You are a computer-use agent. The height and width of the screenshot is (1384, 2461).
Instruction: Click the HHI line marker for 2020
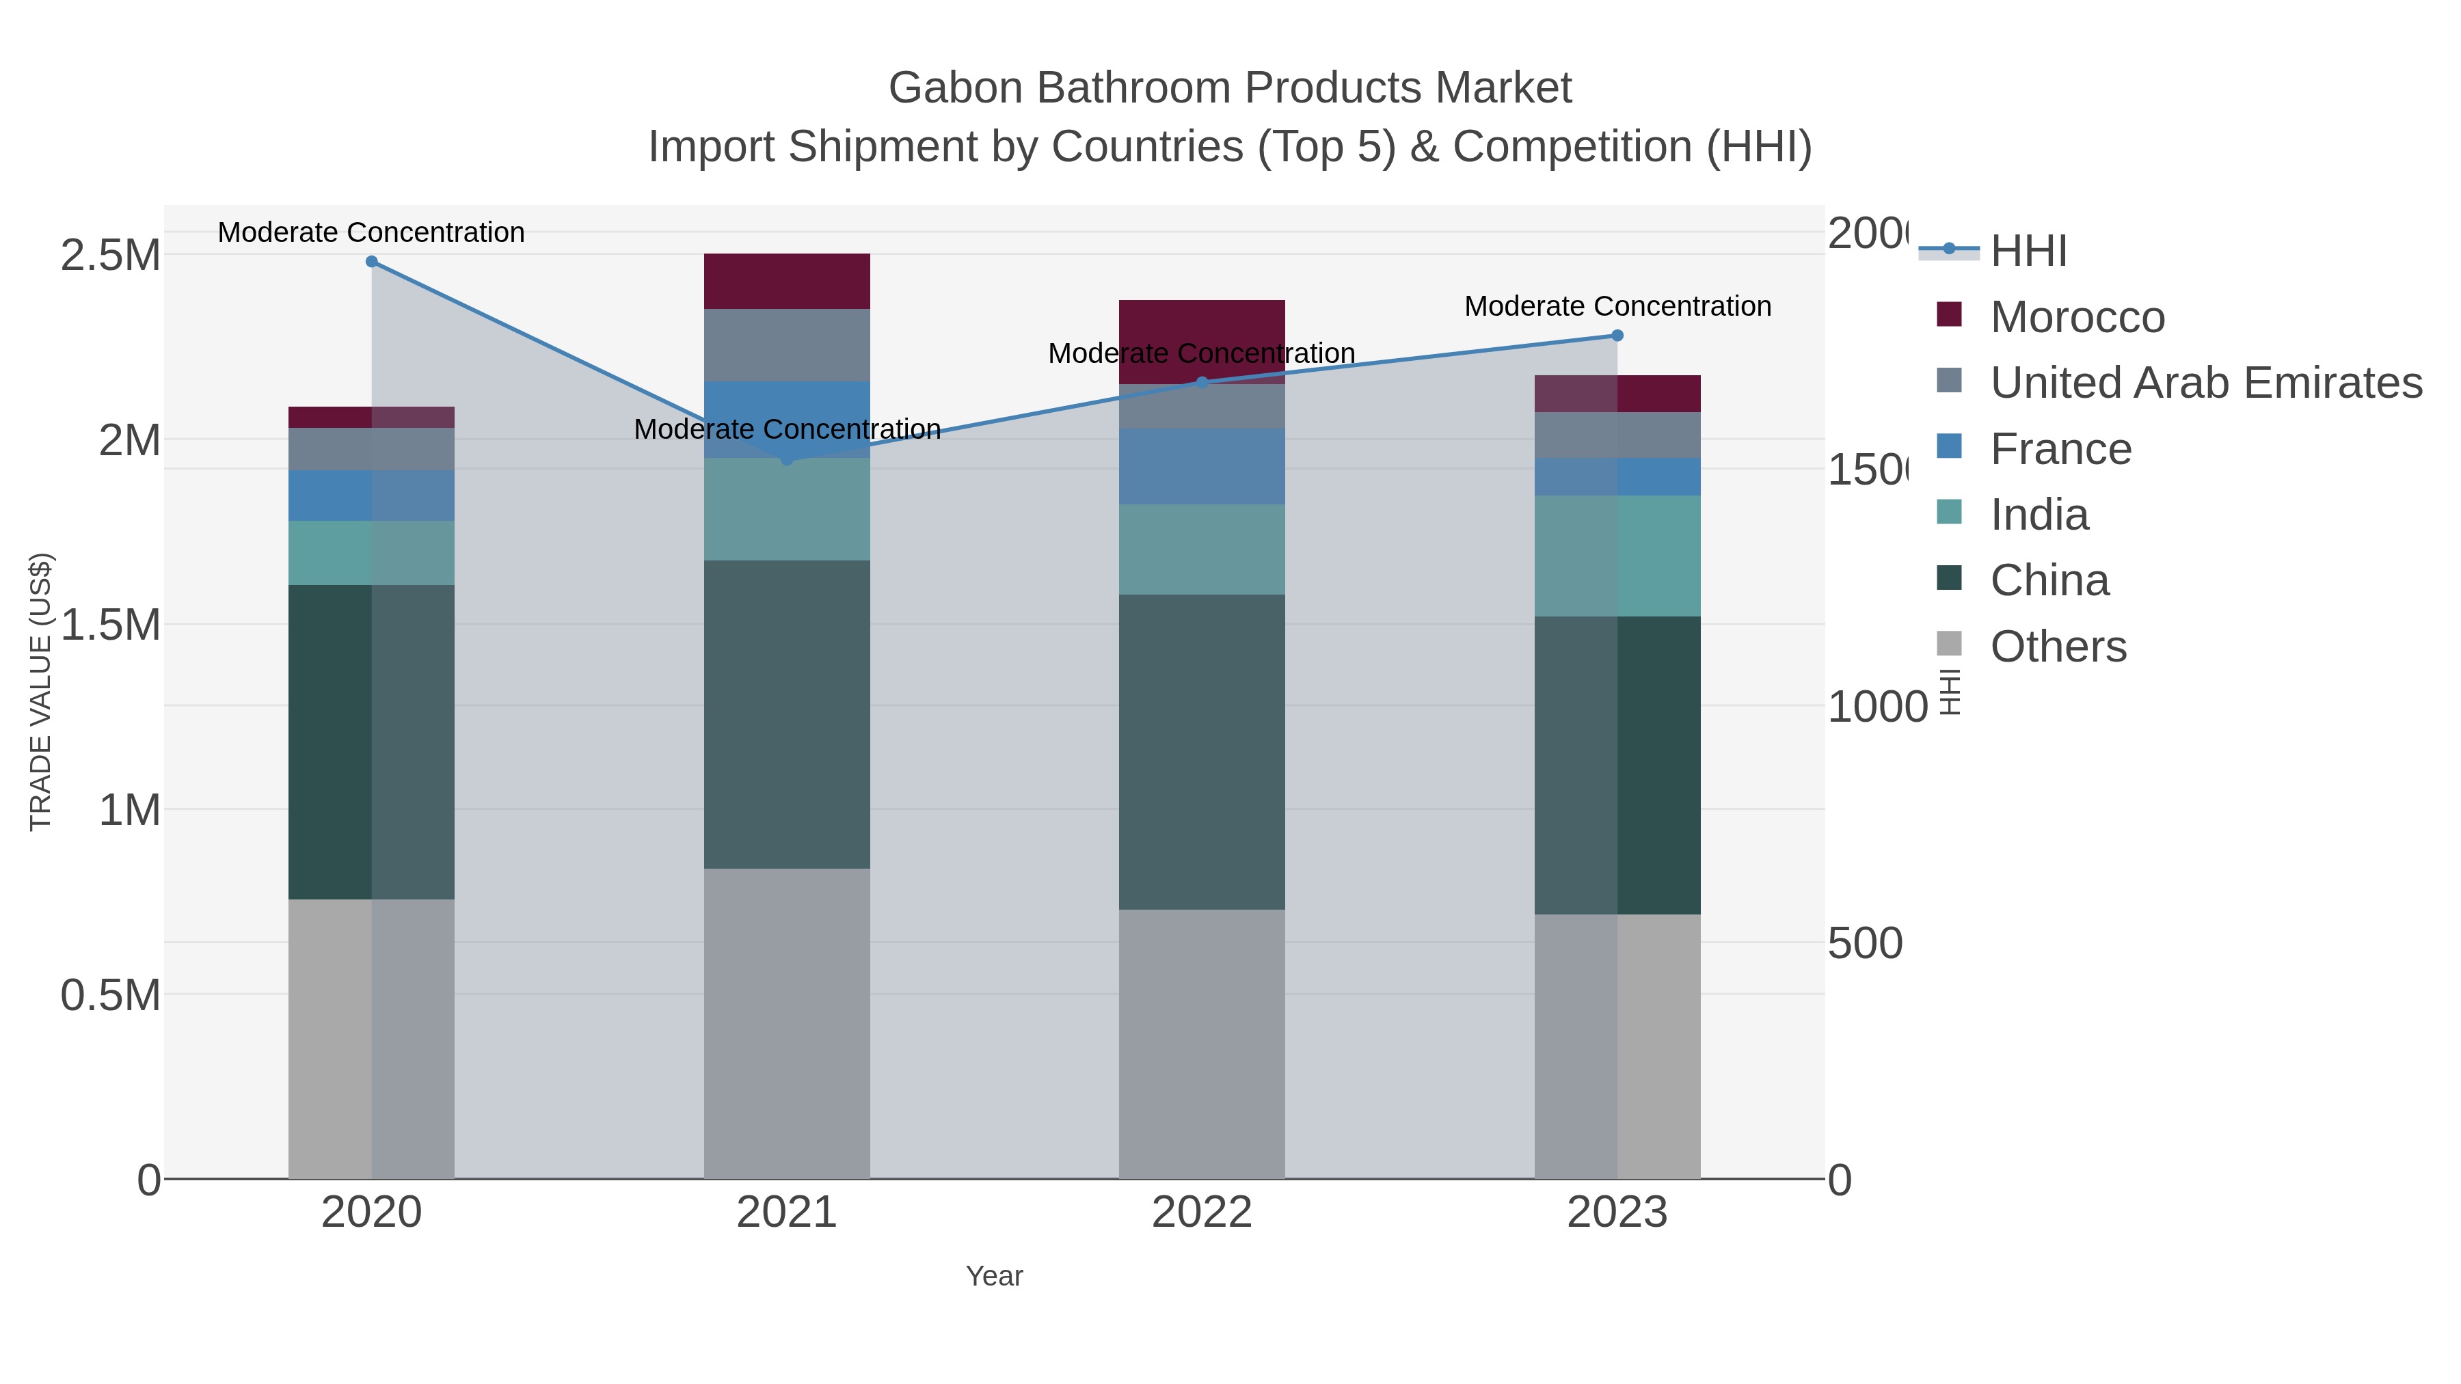click(372, 262)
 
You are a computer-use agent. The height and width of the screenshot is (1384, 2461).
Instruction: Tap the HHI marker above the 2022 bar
click(1202, 382)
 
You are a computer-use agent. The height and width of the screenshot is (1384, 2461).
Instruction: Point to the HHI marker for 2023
click(1617, 336)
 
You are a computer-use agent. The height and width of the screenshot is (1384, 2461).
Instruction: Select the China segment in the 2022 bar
click(1202, 752)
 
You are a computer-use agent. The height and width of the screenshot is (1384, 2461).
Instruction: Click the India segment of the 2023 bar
click(1617, 555)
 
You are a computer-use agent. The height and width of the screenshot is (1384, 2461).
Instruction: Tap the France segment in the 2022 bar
click(1202, 466)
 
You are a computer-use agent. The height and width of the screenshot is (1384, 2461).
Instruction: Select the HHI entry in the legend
click(2028, 252)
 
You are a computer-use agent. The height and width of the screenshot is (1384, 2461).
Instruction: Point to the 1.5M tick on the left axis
click(110, 625)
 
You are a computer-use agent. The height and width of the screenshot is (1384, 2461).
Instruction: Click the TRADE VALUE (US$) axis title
click(40, 692)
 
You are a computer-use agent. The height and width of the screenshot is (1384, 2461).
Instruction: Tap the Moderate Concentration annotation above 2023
click(1617, 307)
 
